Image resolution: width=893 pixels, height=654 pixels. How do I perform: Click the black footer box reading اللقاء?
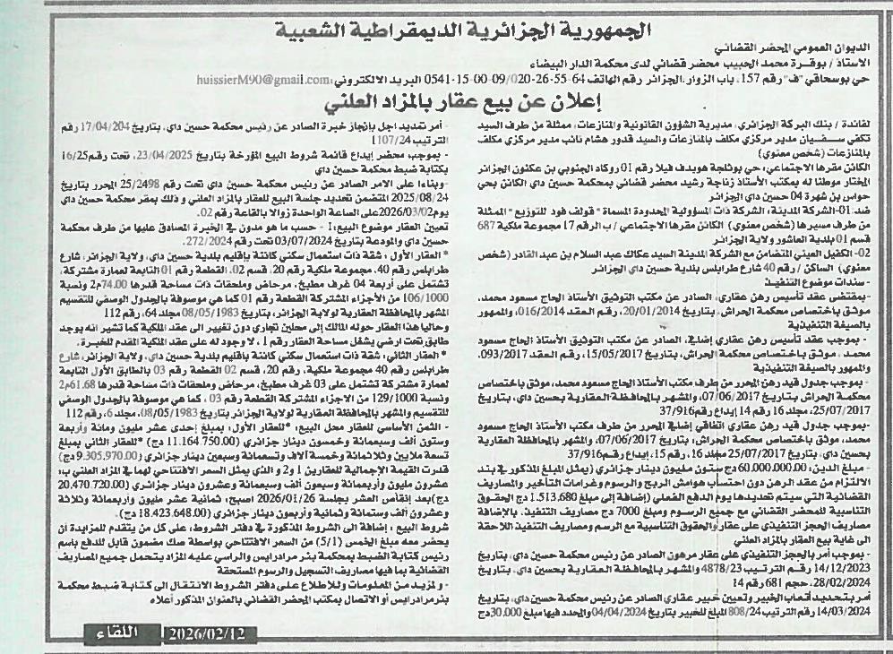[116, 634]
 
